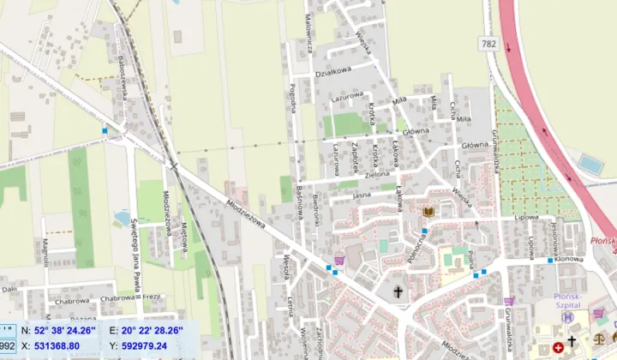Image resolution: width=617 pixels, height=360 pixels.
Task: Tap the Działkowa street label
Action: (x=335, y=72)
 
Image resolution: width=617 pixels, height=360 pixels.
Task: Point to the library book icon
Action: (x=428, y=211)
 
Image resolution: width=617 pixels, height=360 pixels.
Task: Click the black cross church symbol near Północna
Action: (x=398, y=292)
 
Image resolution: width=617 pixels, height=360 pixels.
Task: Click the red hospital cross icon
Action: (x=559, y=346)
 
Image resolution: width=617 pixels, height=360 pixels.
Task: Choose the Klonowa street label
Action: (x=568, y=258)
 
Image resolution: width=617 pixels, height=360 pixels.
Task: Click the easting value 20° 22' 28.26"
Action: (x=153, y=330)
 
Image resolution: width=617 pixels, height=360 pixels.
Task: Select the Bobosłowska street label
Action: (x=124, y=76)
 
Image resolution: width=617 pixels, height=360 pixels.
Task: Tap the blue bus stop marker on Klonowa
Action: (x=549, y=261)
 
